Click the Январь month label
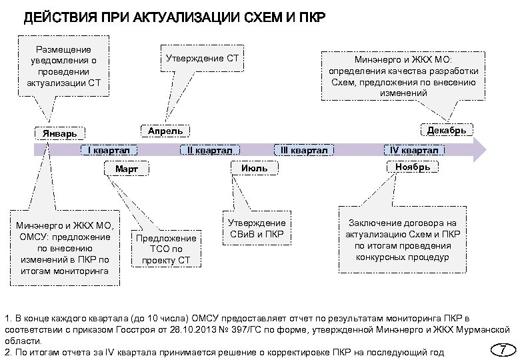(x=61, y=133)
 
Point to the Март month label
(x=127, y=169)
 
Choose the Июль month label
(x=254, y=169)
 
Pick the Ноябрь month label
(x=413, y=167)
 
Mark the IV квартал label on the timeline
(x=414, y=151)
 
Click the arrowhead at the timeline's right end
(x=481, y=150)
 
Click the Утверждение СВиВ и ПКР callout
(x=257, y=228)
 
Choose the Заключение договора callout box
(x=403, y=239)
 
